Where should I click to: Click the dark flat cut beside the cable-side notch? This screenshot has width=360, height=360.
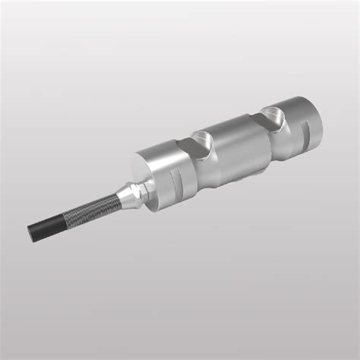(x=185, y=149)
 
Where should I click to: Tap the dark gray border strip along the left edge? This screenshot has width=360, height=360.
(x=3, y=180)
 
